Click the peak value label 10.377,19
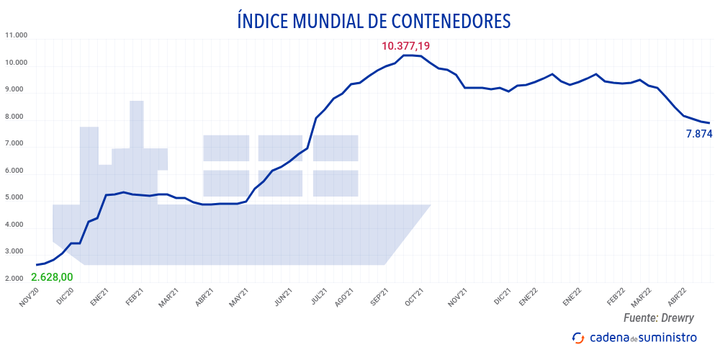point(405,46)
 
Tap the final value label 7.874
point(698,133)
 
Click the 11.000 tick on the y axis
point(16,35)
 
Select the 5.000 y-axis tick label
point(16,197)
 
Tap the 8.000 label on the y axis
point(16,117)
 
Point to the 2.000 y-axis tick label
point(16,279)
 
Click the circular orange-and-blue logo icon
point(577,338)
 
